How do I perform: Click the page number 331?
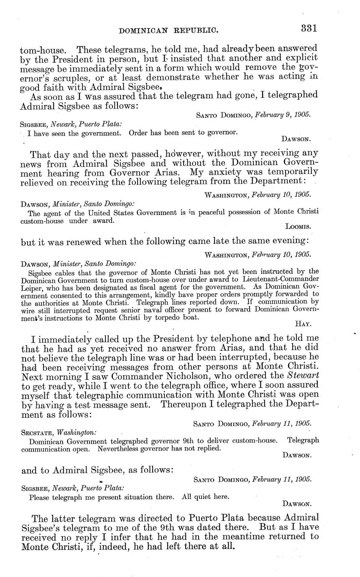point(309,28)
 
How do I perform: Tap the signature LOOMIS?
point(297,227)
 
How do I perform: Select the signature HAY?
point(303,323)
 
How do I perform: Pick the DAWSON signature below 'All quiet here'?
point(297,503)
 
